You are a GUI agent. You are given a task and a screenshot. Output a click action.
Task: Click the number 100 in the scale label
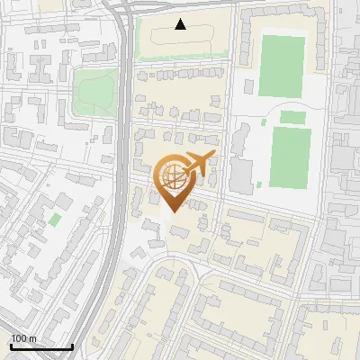click(x=19, y=338)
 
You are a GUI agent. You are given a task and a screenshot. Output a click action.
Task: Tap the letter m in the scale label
click(x=32, y=338)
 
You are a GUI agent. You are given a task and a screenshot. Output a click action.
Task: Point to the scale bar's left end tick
click(x=11, y=346)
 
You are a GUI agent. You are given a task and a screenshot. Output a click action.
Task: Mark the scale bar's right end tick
click(x=72, y=346)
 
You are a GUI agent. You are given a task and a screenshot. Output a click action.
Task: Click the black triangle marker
click(x=181, y=24)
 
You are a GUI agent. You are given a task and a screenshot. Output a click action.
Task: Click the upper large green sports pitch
click(x=283, y=65)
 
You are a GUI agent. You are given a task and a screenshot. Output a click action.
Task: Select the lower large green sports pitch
click(x=291, y=157)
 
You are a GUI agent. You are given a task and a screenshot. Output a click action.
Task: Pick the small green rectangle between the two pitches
click(x=292, y=116)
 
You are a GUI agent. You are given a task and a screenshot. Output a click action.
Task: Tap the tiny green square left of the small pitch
click(x=264, y=121)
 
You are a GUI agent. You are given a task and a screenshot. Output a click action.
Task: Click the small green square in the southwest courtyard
click(x=55, y=219)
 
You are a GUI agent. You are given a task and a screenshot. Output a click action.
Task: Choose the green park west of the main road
click(x=94, y=87)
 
